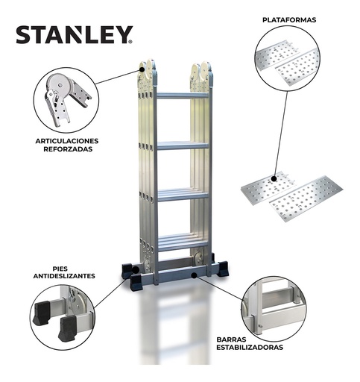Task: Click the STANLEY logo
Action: [74, 35]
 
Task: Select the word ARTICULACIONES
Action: [66, 140]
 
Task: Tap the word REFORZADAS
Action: [66, 150]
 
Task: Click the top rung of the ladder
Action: [182, 95]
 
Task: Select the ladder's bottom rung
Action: [182, 242]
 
